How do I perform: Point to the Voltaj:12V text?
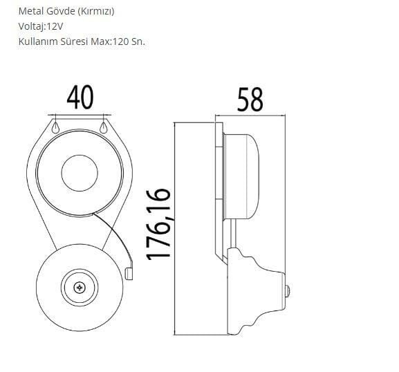41,26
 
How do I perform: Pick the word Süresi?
81,41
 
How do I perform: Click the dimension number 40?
80,97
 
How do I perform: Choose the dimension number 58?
250,100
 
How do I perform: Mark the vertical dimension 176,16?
159,223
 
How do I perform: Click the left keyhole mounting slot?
55,127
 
